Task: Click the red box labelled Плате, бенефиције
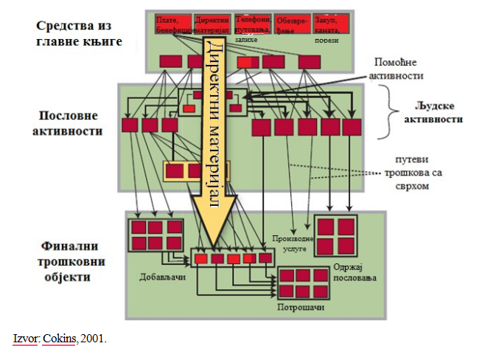pyautogui.click(x=172, y=24)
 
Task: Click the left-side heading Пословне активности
pyautogui.click(x=67, y=123)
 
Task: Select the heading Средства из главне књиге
pyautogui.click(x=77, y=33)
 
